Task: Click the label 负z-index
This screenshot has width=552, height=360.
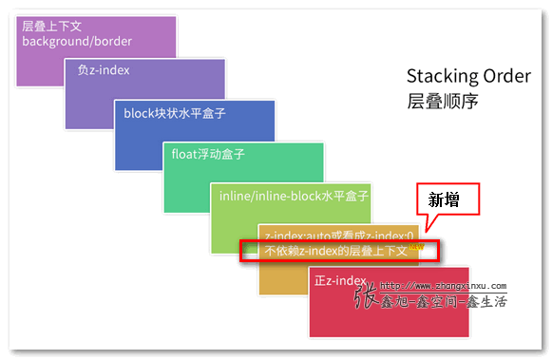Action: (x=104, y=71)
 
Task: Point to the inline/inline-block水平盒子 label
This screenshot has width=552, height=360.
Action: (x=293, y=196)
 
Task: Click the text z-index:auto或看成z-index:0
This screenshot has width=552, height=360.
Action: (x=339, y=235)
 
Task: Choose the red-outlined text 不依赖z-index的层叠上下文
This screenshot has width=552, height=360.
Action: (x=335, y=251)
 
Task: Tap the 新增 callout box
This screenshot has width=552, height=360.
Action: (x=448, y=199)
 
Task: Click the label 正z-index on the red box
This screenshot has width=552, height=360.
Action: (x=339, y=280)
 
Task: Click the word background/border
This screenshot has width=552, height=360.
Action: (x=77, y=42)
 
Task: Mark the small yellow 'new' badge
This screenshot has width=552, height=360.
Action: (x=415, y=245)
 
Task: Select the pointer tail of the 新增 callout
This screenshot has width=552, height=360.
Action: (x=429, y=224)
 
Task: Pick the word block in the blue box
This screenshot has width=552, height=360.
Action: (x=140, y=113)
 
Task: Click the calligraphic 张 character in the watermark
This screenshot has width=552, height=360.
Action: (x=366, y=296)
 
